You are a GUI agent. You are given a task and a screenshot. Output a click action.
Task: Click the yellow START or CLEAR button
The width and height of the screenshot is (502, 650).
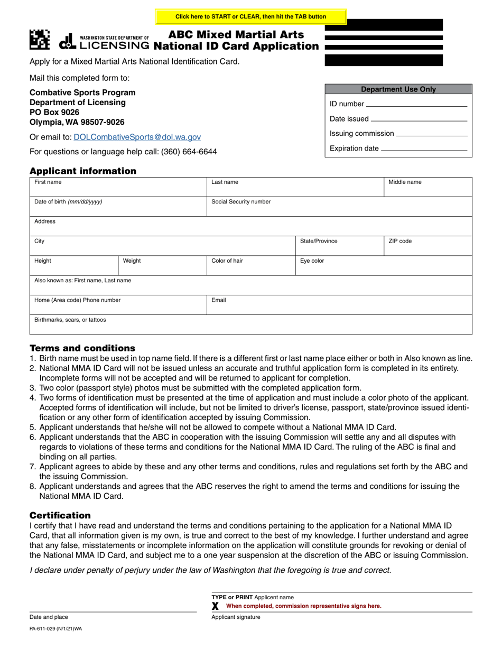pyautogui.click(x=250, y=17)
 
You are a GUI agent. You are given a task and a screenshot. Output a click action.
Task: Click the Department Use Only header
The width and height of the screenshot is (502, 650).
pyautogui.click(x=398, y=89)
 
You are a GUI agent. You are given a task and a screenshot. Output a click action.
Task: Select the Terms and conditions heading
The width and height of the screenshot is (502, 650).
pyautogui.click(x=82, y=348)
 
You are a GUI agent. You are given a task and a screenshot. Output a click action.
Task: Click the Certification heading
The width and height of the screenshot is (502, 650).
pyautogui.click(x=60, y=515)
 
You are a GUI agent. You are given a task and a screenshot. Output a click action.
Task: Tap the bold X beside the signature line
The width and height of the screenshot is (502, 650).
pyautogui.click(x=215, y=606)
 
